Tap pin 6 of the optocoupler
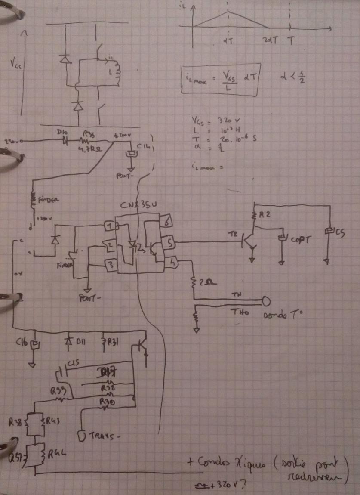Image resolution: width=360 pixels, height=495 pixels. (x=166, y=222)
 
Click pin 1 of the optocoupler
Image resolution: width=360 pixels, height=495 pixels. (x=111, y=226)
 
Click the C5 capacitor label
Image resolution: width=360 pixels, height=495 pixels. (x=339, y=233)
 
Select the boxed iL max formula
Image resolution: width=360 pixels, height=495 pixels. (x=220, y=81)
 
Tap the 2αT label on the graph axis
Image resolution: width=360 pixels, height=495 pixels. (x=271, y=39)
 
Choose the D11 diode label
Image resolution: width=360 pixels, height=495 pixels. (x=80, y=341)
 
